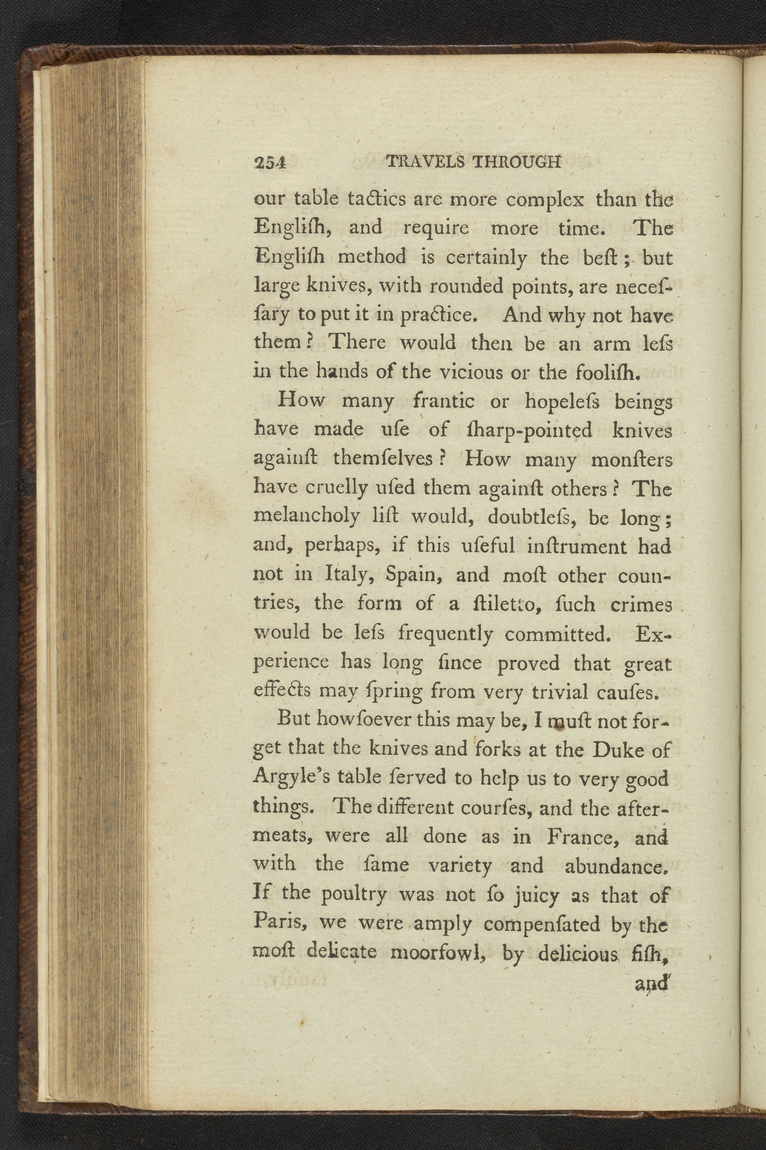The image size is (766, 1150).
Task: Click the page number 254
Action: pyautogui.click(x=270, y=163)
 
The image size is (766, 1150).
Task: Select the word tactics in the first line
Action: pyautogui.click(x=376, y=199)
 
